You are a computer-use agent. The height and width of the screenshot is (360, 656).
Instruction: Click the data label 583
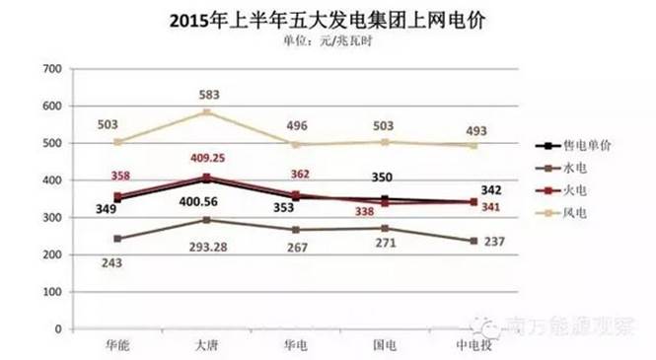click(x=208, y=94)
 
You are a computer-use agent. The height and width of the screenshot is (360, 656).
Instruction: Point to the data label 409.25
click(x=208, y=157)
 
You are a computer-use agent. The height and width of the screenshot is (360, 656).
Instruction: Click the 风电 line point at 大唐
click(x=206, y=112)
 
